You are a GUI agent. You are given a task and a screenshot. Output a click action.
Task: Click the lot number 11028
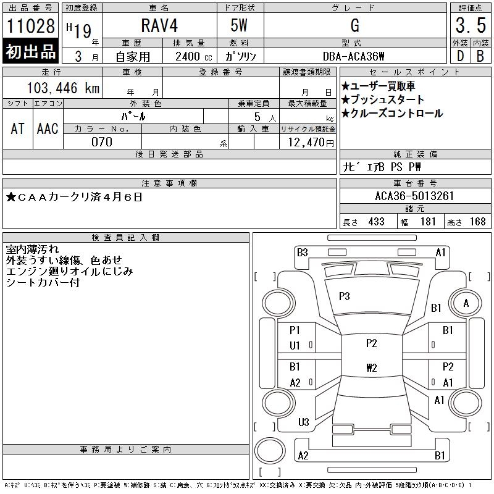[x=31, y=26]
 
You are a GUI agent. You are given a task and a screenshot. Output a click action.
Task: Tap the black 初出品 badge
[x=31, y=52]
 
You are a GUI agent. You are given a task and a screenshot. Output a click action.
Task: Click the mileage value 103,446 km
[x=64, y=88]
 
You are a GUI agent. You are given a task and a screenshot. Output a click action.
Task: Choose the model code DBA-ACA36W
[x=354, y=56]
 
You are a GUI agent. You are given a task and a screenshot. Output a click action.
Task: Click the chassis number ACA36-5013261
[x=414, y=196]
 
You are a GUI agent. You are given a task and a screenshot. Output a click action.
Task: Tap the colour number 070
[x=102, y=142]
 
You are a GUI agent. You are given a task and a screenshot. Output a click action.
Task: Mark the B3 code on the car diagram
[x=302, y=252]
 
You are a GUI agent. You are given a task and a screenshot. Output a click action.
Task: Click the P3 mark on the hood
[x=345, y=296]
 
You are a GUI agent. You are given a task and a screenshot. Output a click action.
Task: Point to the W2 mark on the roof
[x=371, y=368]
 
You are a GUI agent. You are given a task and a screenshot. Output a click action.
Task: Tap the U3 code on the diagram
[x=303, y=422]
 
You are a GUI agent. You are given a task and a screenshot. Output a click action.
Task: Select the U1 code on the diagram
[x=295, y=346]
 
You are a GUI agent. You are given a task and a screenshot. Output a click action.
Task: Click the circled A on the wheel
[x=466, y=303]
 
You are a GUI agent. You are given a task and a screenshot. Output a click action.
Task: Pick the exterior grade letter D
[x=459, y=56]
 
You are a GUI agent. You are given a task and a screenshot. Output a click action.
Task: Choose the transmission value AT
[x=18, y=128]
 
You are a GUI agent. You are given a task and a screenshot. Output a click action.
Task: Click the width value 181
[x=427, y=222]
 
